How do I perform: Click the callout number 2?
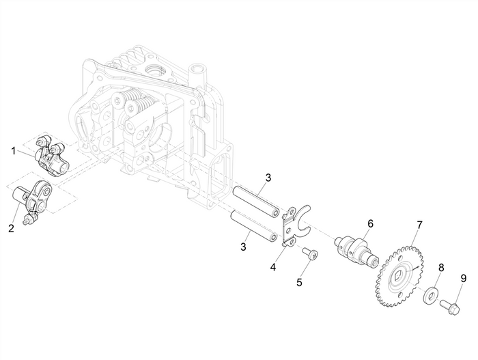click(11, 227)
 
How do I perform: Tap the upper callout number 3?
click(268, 178)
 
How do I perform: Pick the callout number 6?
click(371, 223)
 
